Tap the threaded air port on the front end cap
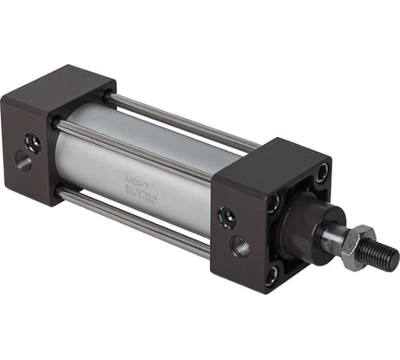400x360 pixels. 239,245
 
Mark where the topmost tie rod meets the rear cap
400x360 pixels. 111,97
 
